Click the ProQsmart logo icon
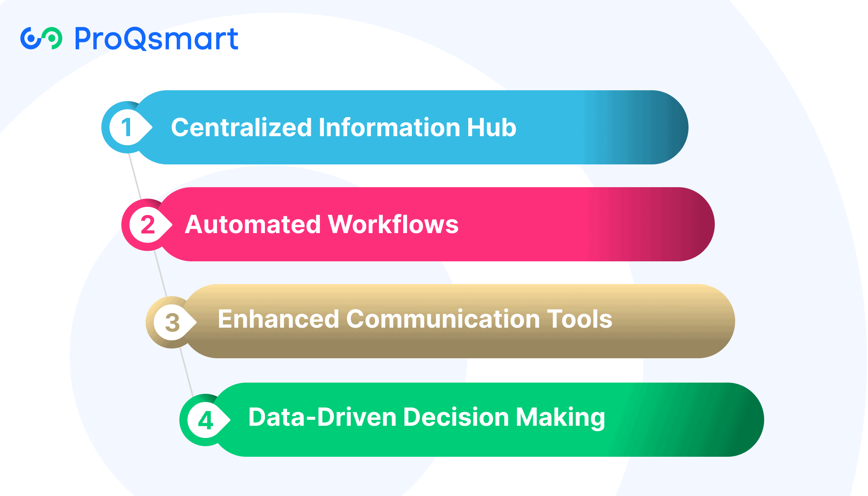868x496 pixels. [41, 38]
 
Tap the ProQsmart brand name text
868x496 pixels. [156, 39]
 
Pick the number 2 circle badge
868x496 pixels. [147, 225]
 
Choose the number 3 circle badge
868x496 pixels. [172, 322]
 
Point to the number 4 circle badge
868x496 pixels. [205, 420]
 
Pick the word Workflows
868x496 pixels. [393, 224]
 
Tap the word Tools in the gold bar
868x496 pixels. [580, 319]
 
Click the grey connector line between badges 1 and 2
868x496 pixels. [135, 176]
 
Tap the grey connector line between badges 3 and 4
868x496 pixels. [186, 372]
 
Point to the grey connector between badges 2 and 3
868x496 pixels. [161, 274]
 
